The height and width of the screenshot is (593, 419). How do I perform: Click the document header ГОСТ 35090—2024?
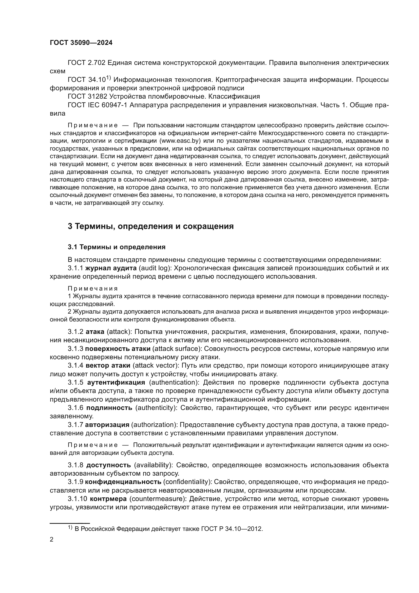click(81, 43)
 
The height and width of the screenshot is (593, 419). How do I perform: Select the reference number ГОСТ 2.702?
click(86, 63)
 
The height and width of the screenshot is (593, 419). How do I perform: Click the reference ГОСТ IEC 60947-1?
click(98, 105)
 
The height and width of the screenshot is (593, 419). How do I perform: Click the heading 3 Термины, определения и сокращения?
click(151, 226)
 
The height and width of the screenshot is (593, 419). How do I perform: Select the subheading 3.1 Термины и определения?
click(117, 247)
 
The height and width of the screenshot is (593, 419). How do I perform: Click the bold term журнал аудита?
click(111, 268)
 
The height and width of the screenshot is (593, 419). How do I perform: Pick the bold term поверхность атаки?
click(118, 349)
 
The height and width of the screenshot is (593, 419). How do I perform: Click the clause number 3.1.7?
click(75, 425)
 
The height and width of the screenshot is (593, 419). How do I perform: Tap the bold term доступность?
click(109, 465)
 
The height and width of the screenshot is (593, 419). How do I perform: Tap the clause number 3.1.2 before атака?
click(75, 332)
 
